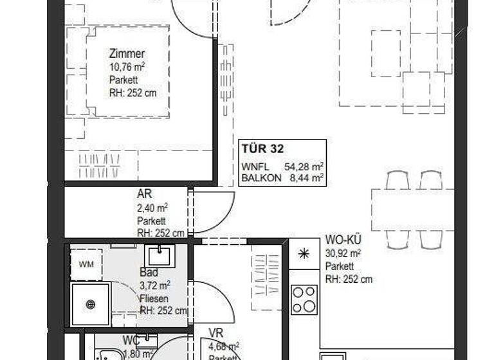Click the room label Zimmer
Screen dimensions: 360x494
(x=127, y=54)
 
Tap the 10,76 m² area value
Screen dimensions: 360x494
(x=127, y=67)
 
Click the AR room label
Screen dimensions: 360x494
(x=143, y=194)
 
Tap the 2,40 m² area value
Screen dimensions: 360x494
(x=152, y=208)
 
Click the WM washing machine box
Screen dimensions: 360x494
(x=86, y=264)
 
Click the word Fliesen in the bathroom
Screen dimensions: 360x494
(x=154, y=299)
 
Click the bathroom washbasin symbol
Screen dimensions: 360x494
(x=157, y=255)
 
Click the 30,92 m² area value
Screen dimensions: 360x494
(x=343, y=253)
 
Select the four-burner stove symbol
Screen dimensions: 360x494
(x=304, y=299)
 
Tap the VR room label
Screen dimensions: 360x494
(x=215, y=334)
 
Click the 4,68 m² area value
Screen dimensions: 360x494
(x=224, y=346)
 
